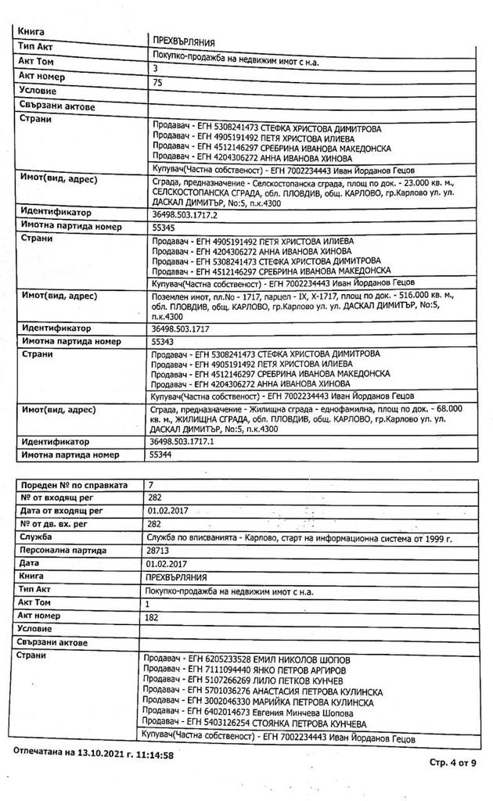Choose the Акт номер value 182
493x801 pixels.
[153, 617]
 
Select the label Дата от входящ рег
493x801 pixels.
[62, 512]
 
